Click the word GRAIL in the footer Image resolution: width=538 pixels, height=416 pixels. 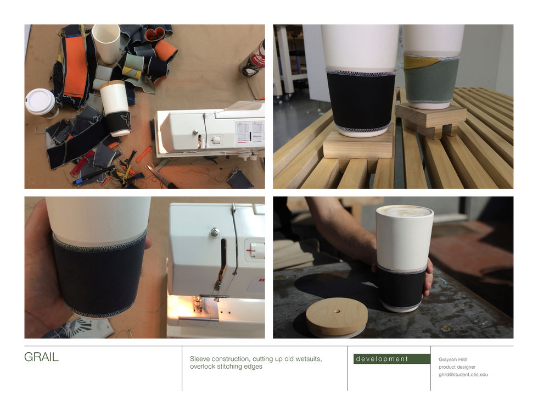pyautogui.click(x=41, y=357)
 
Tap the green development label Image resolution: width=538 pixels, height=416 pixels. pyautogui.click(x=392, y=359)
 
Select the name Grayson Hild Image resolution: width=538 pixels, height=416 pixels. pyautogui.click(x=452, y=359)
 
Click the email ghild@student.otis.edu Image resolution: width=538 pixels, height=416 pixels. pyautogui.click(x=463, y=374)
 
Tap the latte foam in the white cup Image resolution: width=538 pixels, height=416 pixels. pyautogui.click(x=405, y=210)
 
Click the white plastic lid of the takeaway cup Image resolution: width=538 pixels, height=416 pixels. pyautogui.click(x=40, y=101)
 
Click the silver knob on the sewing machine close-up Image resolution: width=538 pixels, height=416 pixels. pyautogui.click(x=215, y=232)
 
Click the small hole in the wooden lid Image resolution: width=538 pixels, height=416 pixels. pyautogui.click(x=337, y=312)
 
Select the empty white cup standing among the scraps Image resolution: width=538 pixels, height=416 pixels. pyautogui.click(x=107, y=43)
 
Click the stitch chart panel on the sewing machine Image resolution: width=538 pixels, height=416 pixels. pyautogui.click(x=250, y=132)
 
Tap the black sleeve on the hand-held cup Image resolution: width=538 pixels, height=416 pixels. pyautogui.click(x=99, y=274)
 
